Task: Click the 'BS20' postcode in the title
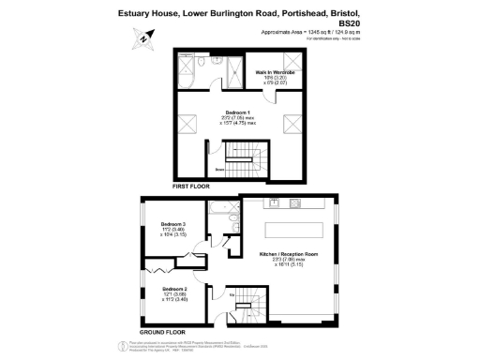pyautogui.click(x=349, y=23)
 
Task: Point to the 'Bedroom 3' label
pyautogui.click(x=173, y=224)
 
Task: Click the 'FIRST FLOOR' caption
pyautogui.click(x=191, y=187)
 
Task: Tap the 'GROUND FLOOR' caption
pyautogui.click(x=162, y=332)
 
